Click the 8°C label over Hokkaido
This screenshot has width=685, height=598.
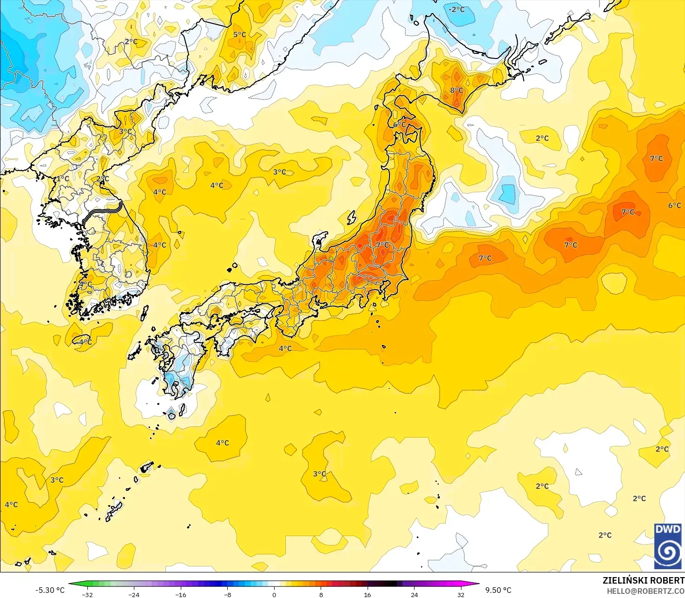click(x=456, y=91)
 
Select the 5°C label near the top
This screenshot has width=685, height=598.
click(x=239, y=34)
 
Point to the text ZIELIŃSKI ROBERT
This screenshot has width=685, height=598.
click(x=643, y=580)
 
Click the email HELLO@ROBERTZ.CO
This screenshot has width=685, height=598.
click(x=645, y=591)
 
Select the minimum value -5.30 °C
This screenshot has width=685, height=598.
click(x=50, y=590)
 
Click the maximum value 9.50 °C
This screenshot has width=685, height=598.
click(x=498, y=590)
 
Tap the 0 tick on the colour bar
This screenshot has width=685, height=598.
click(x=274, y=595)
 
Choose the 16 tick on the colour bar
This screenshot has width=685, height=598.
click(x=367, y=595)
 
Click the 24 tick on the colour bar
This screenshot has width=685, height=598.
click(x=414, y=595)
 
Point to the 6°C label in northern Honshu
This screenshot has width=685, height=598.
click(x=399, y=125)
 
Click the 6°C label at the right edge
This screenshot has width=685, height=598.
click(x=674, y=205)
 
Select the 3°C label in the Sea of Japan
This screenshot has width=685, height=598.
click(x=279, y=172)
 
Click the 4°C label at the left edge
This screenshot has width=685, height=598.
click(x=11, y=505)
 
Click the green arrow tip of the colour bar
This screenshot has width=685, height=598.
click(x=70, y=584)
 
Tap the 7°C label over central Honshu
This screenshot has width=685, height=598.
click(x=382, y=245)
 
